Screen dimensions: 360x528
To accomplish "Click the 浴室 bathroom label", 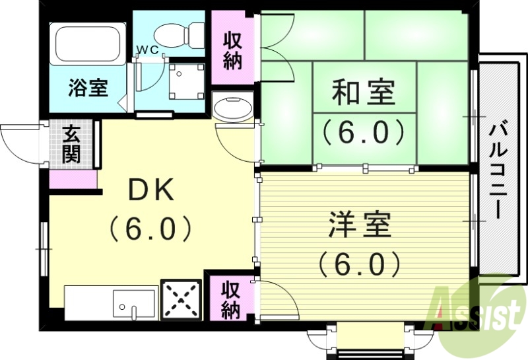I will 88,89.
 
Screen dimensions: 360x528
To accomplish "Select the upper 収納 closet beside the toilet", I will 232,52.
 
